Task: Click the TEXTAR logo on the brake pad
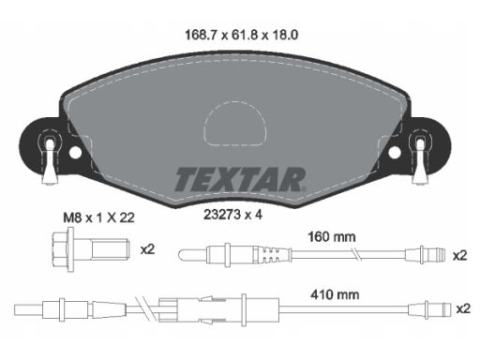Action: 240,179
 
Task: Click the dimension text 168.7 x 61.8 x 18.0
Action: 241,35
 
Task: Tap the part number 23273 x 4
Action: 232,215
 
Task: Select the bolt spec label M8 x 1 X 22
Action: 98,217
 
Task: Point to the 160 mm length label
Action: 332,237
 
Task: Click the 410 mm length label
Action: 335,294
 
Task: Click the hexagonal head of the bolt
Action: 61,249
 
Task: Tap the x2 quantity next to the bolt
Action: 147,249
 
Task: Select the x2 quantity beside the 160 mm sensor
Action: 460,256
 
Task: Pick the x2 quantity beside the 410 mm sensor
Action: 463,308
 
